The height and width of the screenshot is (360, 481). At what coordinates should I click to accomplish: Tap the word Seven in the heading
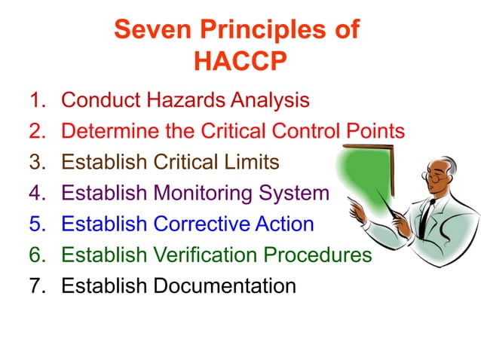click(149, 30)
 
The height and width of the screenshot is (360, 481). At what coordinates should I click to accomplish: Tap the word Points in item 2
click(375, 131)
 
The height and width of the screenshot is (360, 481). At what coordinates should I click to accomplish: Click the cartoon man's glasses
click(433, 178)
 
